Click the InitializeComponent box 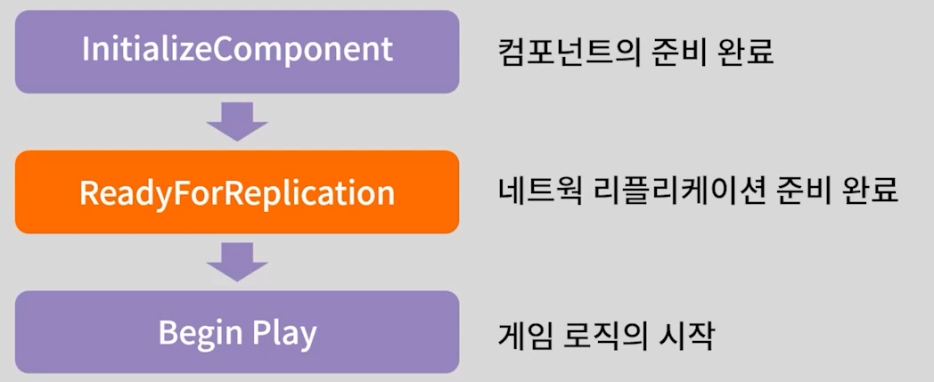pyautogui.click(x=237, y=52)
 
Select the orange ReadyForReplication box pyautogui.click(x=237, y=191)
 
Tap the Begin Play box pyautogui.click(x=237, y=332)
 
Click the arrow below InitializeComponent pyautogui.click(x=237, y=121)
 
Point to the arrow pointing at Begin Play pyautogui.click(x=237, y=262)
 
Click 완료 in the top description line pyautogui.click(x=749, y=53)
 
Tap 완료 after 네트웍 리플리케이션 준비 pyautogui.click(x=873, y=192)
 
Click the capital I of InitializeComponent pyautogui.click(x=86, y=49)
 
